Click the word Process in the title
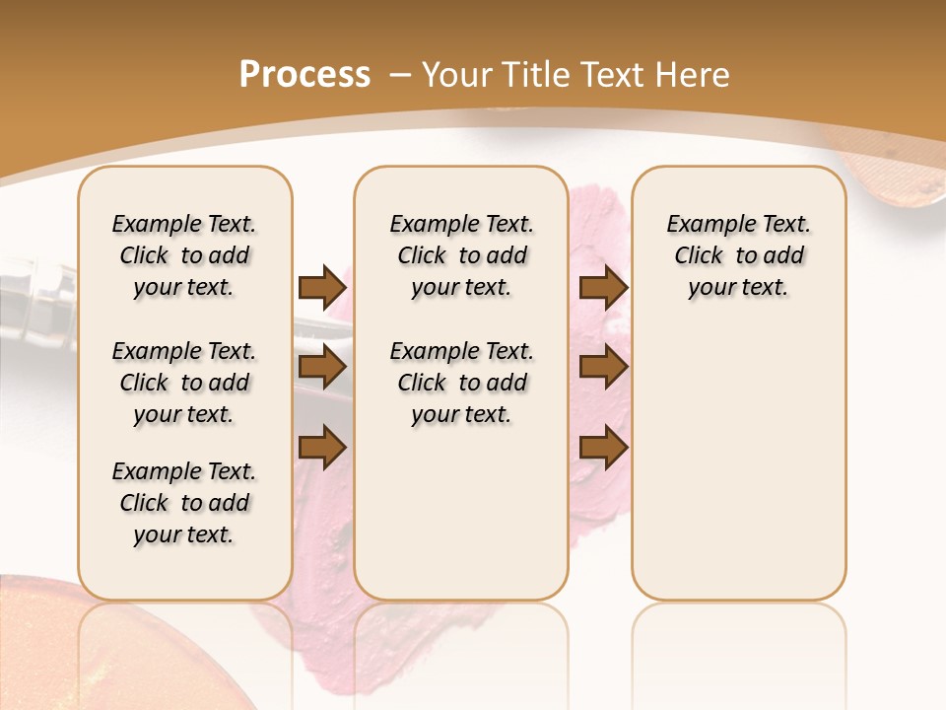[304, 75]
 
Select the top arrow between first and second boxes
[321, 287]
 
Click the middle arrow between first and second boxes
[321, 368]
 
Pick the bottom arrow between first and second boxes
[321, 447]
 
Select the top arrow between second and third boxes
[603, 287]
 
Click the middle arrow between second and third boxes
[603, 368]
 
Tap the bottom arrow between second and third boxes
[603, 448]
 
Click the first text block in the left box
[184, 255]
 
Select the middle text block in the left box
[184, 383]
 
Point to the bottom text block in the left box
[184, 503]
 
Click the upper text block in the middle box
[461, 255]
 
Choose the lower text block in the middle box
[461, 383]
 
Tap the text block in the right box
[739, 255]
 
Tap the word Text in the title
[612, 75]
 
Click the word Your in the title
[457, 75]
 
